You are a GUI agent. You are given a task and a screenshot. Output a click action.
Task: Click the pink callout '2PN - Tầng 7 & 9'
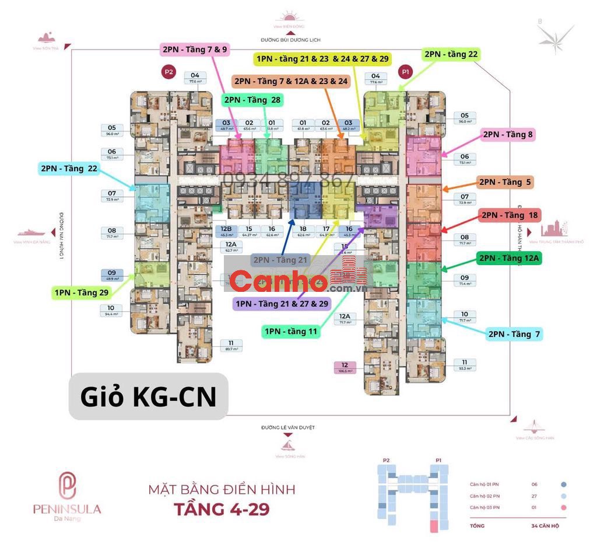[194, 50]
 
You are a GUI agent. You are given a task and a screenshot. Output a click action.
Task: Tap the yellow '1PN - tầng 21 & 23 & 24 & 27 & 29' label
[322, 59]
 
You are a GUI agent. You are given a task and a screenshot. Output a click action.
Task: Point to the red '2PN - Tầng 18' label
[510, 215]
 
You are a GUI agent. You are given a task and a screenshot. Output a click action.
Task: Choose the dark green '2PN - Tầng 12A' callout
[509, 258]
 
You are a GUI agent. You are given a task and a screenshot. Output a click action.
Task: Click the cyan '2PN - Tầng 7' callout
[514, 334]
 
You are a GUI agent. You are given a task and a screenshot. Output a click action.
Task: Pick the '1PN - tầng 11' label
[291, 332]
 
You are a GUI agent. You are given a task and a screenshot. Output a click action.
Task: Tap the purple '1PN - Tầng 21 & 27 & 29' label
[282, 304]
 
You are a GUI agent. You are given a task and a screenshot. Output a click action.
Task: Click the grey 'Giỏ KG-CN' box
[148, 397]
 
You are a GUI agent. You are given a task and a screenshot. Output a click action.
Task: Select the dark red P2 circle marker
[169, 72]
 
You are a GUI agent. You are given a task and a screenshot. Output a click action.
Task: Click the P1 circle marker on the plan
[405, 72]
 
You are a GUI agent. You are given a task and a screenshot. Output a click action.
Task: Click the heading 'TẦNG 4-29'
[222, 508]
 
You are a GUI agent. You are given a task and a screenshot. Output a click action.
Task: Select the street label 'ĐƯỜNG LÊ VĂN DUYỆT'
[288, 427]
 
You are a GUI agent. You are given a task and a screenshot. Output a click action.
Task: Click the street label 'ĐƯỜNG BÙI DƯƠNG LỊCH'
[290, 39]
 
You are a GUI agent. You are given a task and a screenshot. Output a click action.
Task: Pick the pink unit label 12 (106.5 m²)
[345, 367]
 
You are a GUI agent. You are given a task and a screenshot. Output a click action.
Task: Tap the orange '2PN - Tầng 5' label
[505, 182]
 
